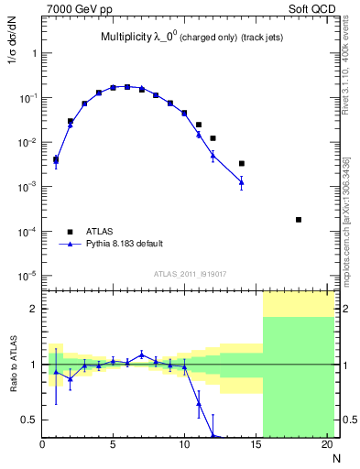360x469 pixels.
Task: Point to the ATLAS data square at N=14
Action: (x=242, y=163)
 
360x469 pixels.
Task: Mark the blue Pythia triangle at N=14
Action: (x=242, y=182)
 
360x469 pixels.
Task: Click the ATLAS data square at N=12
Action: (x=213, y=138)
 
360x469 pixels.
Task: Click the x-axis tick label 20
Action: (x=326, y=445)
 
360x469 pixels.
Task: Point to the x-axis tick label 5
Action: (x=113, y=445)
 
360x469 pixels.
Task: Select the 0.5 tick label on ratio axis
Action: (x=30, y=420)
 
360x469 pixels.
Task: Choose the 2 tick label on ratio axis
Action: (x=34, y=309)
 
